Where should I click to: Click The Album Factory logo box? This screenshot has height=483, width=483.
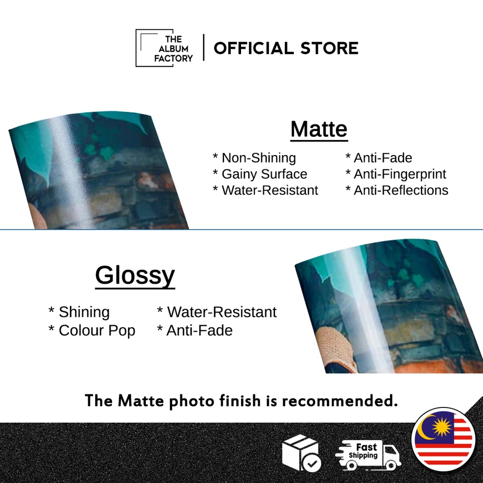164,48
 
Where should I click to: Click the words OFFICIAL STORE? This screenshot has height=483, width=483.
286,49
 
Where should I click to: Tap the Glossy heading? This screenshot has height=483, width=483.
135,276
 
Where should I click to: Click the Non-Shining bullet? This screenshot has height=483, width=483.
254,158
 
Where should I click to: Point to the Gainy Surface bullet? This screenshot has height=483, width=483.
260,175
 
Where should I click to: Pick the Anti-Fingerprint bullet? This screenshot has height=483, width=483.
396,175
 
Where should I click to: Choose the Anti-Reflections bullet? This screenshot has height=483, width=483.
397,191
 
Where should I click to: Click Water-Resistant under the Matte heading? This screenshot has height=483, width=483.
265,191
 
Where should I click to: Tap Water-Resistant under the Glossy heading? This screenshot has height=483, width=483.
217,312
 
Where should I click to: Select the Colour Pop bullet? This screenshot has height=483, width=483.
92,331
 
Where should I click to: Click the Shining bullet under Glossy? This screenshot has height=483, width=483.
79,312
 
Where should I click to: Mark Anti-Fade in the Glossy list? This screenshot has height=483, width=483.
195,331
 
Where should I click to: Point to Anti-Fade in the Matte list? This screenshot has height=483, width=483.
379,158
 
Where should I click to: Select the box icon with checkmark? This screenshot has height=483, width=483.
301,453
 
